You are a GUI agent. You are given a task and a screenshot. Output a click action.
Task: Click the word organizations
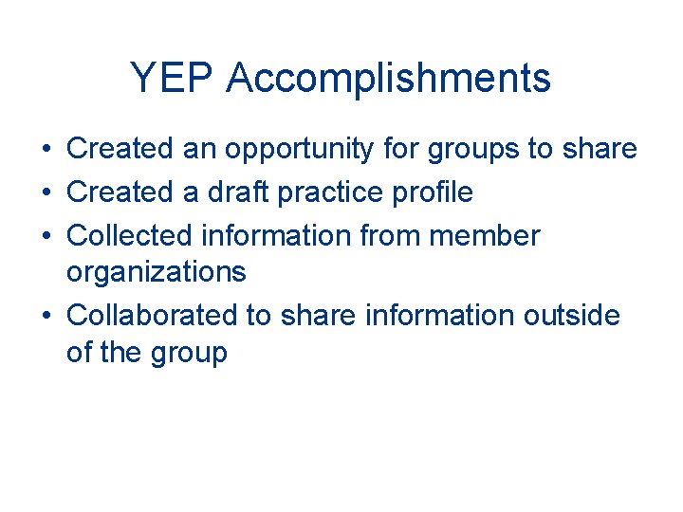point(157,273)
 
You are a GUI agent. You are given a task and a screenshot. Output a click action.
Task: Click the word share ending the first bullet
point(600,149)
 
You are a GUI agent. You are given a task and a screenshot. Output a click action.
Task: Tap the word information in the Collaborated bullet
point(425,314)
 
